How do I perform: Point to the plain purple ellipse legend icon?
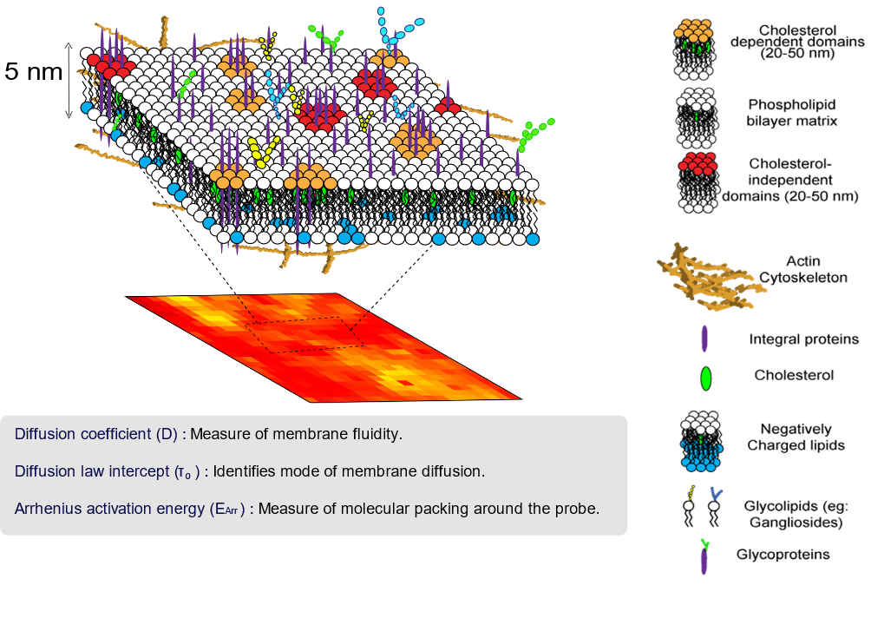(x=704, y=338)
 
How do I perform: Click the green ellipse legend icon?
(x=705, y=378)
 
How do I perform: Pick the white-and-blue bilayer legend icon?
(x=702, y=440)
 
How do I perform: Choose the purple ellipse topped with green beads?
(x=704, y=557)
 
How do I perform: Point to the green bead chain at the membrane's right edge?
(x=534, y=135)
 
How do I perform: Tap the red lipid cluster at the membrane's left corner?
(x=111, y=64)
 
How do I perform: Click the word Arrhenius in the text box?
(x=49, y=509)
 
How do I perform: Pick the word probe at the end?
(x=578, y=509)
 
